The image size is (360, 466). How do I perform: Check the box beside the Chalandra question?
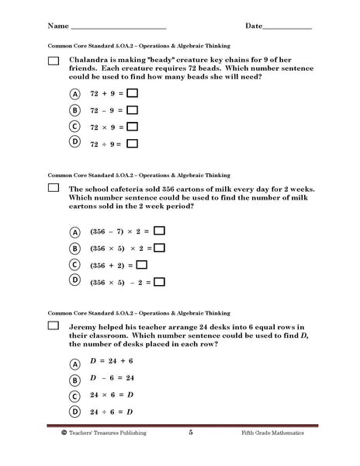click(54, 61)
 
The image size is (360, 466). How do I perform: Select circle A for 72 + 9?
click(75, 93)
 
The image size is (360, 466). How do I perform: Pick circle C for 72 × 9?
click(75, 126)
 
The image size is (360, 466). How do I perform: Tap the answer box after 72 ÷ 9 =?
click(132, 143)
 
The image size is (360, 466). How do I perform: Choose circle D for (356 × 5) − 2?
click(75, 280)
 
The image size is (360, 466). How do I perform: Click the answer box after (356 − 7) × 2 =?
click(159, 231)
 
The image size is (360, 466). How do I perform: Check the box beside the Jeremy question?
click(54, 326)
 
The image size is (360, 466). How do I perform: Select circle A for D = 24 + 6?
click(75, 363)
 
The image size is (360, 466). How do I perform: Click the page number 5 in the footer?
click(190, 432)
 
